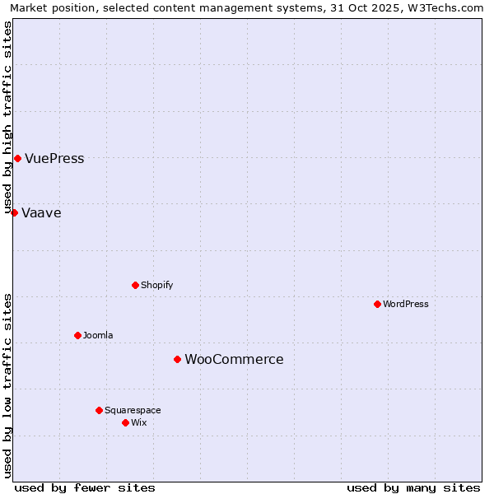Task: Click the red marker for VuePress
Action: pos(17,158)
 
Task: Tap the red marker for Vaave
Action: pos(14,212)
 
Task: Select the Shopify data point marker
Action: pos(135,285)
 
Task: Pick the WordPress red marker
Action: pos(377,304)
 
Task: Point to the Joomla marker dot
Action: pos(77,335)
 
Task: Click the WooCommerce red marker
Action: pos(177,359)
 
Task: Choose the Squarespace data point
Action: pos(99,410)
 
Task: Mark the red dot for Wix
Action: pos(125,422)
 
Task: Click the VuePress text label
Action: pos(54,159)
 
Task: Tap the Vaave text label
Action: pos(41,213)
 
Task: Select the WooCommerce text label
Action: pos(234,360)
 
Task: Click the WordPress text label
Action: pos(406,305)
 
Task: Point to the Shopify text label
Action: pos(156,286)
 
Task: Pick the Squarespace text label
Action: pos(133,411)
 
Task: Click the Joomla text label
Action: pos(98,336)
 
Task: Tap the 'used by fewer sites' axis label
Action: pos(85,487)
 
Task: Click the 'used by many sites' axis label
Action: pos(413,487)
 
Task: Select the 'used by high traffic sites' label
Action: pos(8,118)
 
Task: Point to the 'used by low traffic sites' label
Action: pos(8,385)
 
